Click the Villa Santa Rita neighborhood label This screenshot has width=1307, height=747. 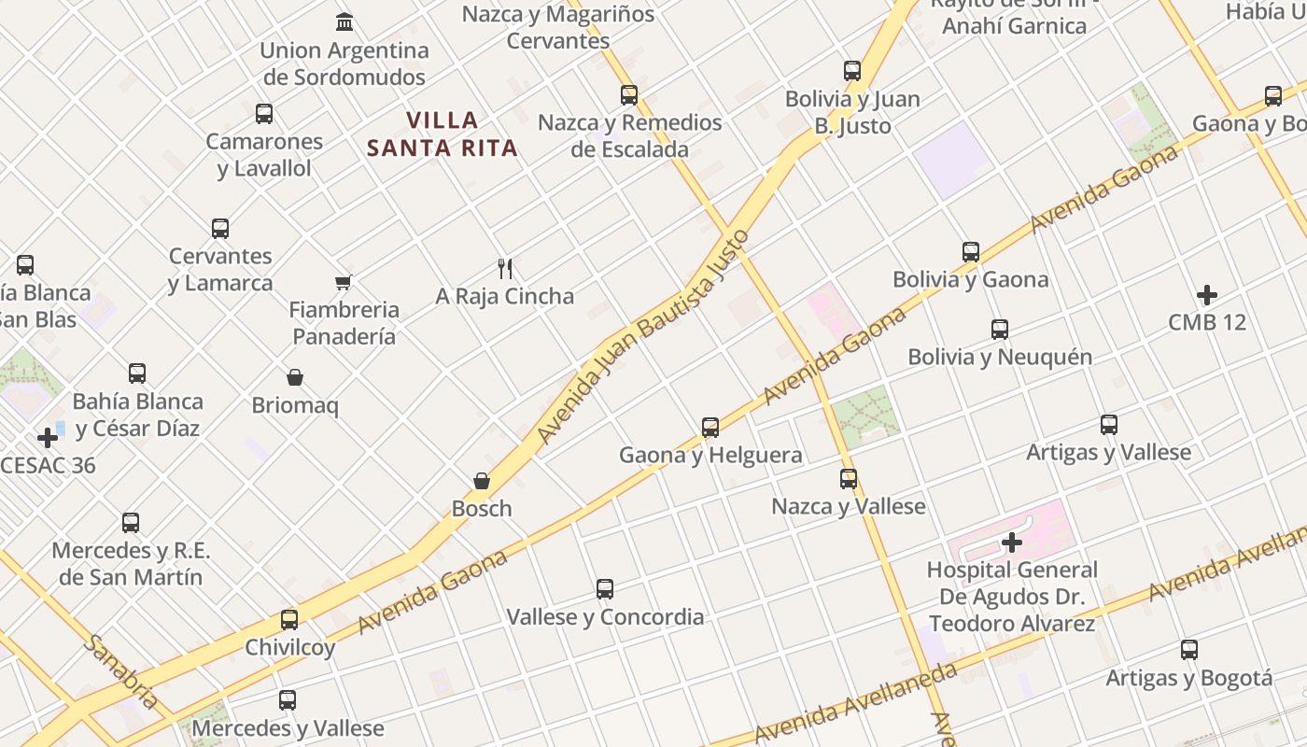coord(443,134)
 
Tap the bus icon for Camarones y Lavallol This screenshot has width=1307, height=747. coord(264,114)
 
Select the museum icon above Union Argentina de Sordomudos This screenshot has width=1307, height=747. coord(344,21)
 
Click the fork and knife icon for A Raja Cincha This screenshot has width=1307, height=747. coord(505,269)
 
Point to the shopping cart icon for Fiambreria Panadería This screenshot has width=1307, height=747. coord(344,282)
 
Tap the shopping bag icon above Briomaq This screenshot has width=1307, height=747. coord(295,377)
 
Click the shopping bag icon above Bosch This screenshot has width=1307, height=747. coord(482,481)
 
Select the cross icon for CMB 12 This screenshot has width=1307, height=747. coord(1207,295)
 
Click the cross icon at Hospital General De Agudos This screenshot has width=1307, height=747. coord(1012,542)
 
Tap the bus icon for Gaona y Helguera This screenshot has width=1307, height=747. coord(710,428)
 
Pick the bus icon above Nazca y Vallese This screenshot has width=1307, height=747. coord(849,479)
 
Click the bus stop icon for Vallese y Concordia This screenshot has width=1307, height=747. coord(605,589)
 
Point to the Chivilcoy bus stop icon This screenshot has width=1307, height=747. coord(289,619)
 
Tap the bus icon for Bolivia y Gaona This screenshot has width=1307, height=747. coord(971,252)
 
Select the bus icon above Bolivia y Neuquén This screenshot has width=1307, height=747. coord(1000,330)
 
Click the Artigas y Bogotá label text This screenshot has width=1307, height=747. coord(1188,678)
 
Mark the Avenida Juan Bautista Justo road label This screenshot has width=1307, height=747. coord(644,336)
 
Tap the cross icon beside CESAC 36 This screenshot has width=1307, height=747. coord(48,437)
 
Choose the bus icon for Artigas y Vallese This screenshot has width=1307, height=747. coord(1109,425)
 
